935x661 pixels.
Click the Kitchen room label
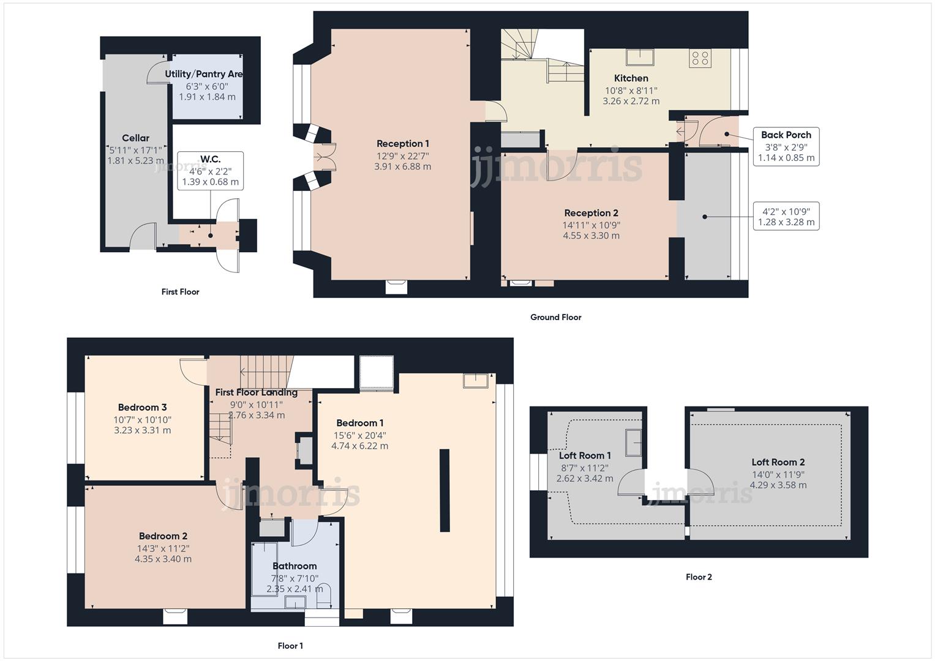631,78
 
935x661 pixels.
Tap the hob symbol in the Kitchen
700,58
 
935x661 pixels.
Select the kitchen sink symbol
639,58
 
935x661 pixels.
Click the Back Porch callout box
786,146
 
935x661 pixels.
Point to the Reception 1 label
402,144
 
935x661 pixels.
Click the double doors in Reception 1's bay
323,157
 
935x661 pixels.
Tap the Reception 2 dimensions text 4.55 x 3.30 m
591,236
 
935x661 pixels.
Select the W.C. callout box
210,171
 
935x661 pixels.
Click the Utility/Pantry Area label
203,74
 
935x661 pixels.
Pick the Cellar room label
135,138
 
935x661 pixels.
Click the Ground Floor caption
555,317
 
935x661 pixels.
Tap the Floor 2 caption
699,577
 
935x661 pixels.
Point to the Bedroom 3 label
142,408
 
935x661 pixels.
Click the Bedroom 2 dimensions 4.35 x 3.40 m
163,559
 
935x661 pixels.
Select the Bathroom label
295,566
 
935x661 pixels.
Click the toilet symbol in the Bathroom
325,595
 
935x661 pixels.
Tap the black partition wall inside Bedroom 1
445,490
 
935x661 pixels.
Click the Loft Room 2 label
778,462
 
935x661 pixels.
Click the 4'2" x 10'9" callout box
786,217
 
